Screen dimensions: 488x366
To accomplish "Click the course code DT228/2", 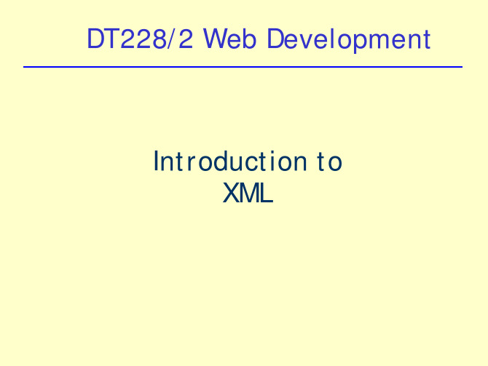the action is (x=140, y=39).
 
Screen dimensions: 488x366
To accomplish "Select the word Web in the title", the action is (x=229, y=39).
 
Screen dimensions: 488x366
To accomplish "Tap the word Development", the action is (x=349, y=40).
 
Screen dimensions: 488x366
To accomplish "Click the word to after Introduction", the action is (x=330, y=162).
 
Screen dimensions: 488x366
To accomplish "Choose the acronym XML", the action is (x=248, y=193).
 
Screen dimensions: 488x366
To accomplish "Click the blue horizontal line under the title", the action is (x=243, y=67).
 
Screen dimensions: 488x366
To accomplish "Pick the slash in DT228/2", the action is (x=172, y=39).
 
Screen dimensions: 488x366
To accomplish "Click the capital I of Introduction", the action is (x=156, y=161).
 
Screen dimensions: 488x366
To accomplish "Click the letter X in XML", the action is (x=231, y=193).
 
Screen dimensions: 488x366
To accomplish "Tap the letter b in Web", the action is (x=249, y=39).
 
